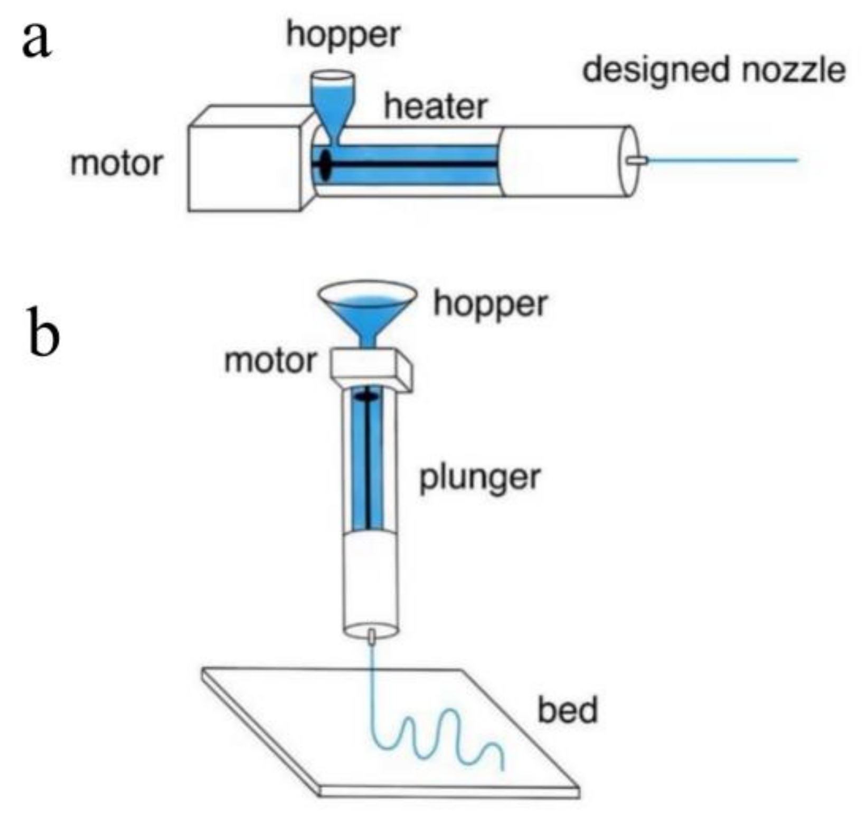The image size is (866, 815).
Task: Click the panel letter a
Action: pyautogui.click(x=37, y=41)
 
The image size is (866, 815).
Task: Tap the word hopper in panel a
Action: pyautogui.click(x=343, y=35)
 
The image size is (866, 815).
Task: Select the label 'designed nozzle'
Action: pyautogui.click(x=713, y=70)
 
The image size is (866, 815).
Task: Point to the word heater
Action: pyautogui.click(x=435, y=107)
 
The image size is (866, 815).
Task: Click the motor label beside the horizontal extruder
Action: pyautogui.click(x=117, y=163)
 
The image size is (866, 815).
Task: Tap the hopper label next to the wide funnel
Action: pyautogui.click(x=490, y=304)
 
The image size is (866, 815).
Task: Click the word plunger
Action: pyautogui.click(x=479, y=478)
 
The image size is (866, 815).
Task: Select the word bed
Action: pyautogui.click(x=568, y=710)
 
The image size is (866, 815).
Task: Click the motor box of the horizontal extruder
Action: pyautogui.click(x=244, y=166)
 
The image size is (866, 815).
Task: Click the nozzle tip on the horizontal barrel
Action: pyautogui.click(x=638, y=160)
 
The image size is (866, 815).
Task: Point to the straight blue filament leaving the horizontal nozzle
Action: pyautogui.click(x=723, y=159)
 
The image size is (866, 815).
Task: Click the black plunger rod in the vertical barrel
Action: pyautogui.click(x=368, y=465)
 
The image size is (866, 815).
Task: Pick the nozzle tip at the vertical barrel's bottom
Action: pyautogui.click(x=372, y=637)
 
